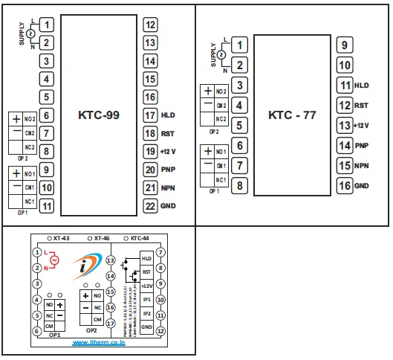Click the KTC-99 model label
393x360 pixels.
coord(99,115)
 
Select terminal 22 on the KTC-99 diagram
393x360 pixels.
coord(150,206)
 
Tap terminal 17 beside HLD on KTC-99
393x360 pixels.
coord(150,115)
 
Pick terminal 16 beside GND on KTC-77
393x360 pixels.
coord(345,186)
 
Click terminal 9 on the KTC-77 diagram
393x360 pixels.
coord(345,45)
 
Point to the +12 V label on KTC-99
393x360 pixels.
coord(169,152)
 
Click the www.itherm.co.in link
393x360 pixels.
coord(99,343)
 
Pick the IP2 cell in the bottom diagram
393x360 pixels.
coord(146,313)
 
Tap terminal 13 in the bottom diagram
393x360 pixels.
coord(111,261)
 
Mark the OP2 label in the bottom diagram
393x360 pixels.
coord(91,330)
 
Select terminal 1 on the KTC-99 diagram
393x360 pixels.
coord(46,25)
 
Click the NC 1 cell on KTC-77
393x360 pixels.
coord(221,180)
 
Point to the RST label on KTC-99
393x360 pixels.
coord(167,134)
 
